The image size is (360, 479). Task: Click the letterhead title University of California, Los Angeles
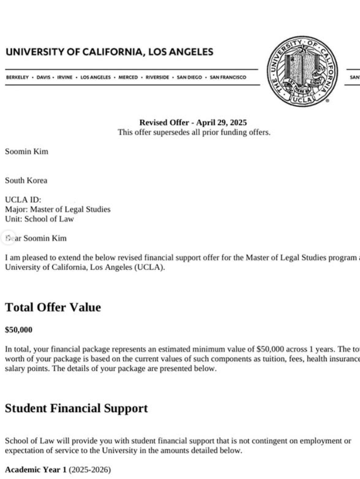point(109,52)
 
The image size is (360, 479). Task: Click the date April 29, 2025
point(221,123)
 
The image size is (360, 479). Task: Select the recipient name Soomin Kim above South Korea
point(26,152)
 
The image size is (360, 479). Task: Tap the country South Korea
point(26,181)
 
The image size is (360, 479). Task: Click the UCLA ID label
point(23,200)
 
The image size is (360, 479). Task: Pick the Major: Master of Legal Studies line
point(58,210)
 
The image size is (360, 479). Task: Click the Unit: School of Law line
point(39,219)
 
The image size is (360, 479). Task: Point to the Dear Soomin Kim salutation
point(36,238)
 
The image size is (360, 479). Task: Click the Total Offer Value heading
point(53,307)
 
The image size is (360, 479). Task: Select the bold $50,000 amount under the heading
point(19,330)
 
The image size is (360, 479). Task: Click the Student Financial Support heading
point(76,408)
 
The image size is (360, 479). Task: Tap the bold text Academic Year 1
point(36,470)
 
